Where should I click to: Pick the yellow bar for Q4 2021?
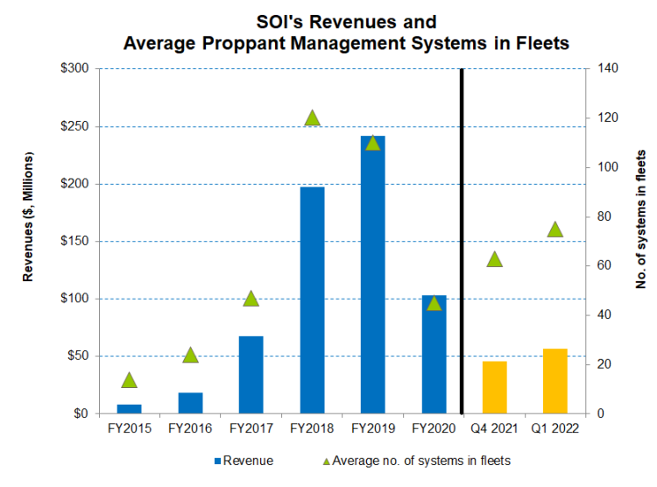pyautogui.click(x=494, y=386)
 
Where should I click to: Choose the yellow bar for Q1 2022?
pyautogui.click(x=555, y=381)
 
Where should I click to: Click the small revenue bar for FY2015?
pyautogui.click(x=130, y=408)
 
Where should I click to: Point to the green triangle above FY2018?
pyautogui.click(x=312, y=118)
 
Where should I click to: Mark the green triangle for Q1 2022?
pyautogui.click(x=555, y=229)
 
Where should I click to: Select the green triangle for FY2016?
pyautogui.click(x=190, y=355)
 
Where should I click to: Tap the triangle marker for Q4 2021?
pyautogui.click(x=494, y=259)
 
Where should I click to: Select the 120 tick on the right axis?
pyautogui.click(x=604, y=118)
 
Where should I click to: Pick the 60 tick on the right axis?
pyautogui.click(x=602, y=266)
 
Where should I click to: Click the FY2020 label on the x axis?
pyautogui.click(x=434, y=429)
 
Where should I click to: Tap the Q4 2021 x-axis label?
pyautogui.click(x=494, y=429)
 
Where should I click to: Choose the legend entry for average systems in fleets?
pyautogui.click(x=416, y=460)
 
